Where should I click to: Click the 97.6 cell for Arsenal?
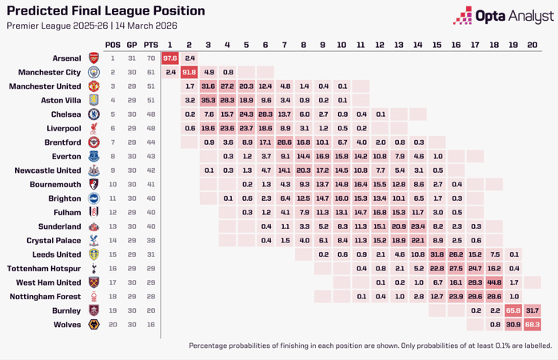170,58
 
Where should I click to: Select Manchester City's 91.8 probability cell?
189,72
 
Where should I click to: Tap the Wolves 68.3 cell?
532,324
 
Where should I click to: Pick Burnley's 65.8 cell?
513,310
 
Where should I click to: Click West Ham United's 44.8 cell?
494,282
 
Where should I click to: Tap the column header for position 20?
532,44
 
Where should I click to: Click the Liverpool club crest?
94,128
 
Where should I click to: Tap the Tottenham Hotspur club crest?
94,268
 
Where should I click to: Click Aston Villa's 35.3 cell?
209,100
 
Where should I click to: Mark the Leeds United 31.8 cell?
437,254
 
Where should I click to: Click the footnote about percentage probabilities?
370,346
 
